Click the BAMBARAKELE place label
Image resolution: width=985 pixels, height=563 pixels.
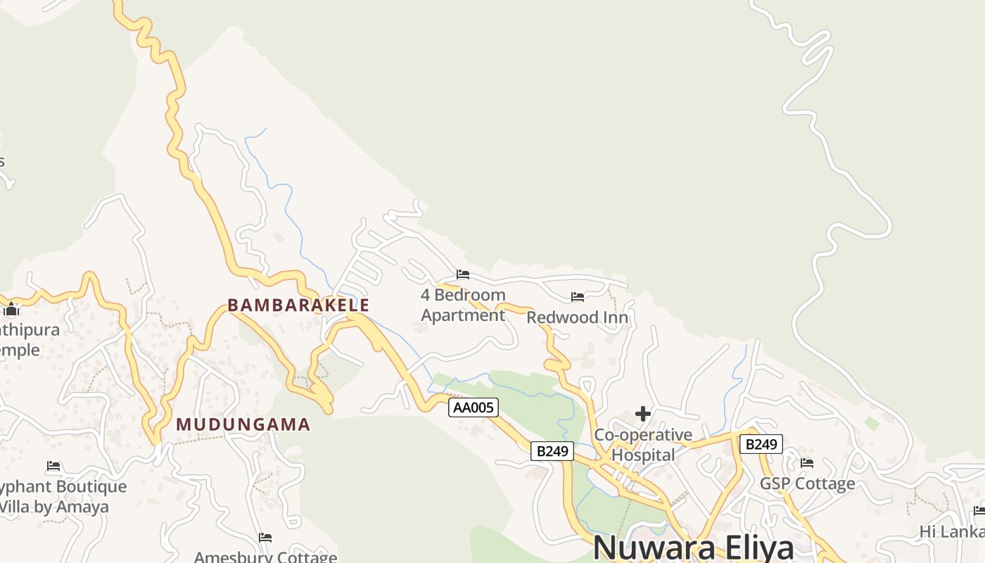(298, 305)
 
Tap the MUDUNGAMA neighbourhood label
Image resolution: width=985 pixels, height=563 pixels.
(243, 424)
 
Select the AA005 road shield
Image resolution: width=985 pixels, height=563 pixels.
(474, 407)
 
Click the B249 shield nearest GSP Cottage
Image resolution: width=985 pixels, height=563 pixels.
(761, 444)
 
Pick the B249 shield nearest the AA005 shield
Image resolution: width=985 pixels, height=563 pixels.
(552, 451)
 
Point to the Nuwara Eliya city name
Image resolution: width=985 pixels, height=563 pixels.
(693, 548)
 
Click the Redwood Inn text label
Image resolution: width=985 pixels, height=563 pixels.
(577, 317)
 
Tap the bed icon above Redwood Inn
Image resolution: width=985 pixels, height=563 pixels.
(578, 297)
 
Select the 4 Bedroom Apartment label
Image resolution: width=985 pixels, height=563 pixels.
(463, 305)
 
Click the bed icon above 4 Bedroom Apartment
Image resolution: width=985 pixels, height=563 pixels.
(463, 274)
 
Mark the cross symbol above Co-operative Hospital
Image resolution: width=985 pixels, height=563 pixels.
(642, 414)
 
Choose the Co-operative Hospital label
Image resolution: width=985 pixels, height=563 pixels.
(643, 445)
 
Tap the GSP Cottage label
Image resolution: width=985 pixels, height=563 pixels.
(807, 483)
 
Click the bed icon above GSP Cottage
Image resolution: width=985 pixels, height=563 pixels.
(807, 463)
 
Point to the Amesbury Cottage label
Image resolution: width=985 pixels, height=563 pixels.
(265, 557)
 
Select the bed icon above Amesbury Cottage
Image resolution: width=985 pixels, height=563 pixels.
(265, 538)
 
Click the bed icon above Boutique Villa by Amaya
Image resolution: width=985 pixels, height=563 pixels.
(53, 466)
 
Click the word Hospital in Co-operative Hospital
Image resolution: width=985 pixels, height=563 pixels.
(643, 455)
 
